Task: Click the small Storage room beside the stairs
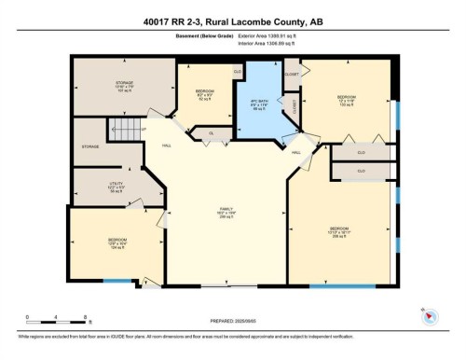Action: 90,146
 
